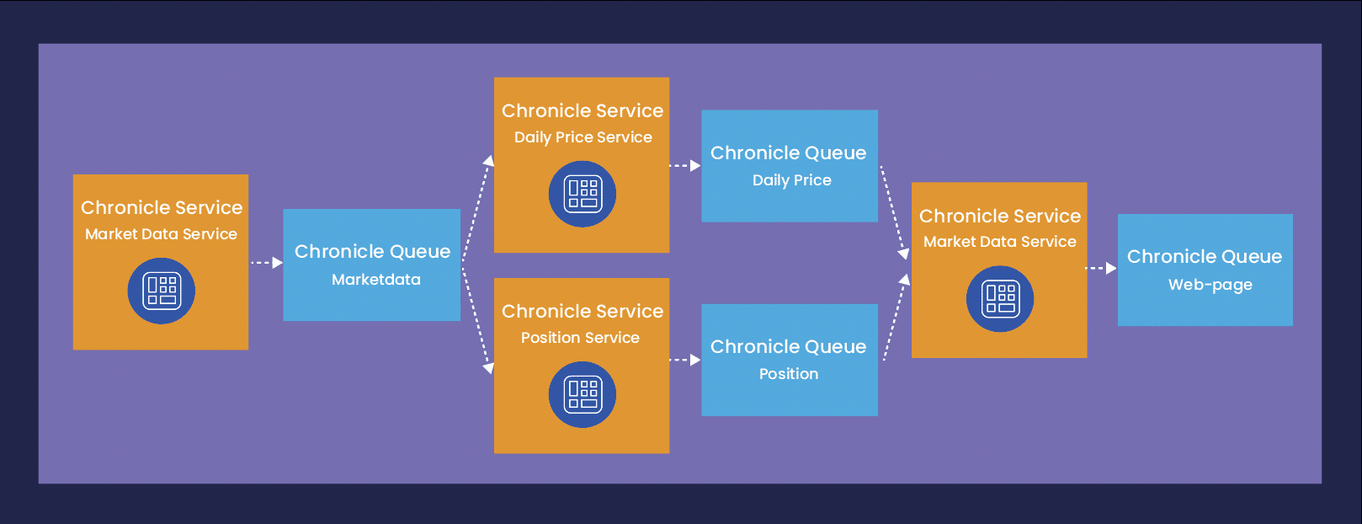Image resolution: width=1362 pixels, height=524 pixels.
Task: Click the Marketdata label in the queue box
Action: (375, 280)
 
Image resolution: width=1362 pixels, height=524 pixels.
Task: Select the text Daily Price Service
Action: (583, 137)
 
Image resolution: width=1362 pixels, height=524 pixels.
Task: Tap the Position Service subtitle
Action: (580, 338)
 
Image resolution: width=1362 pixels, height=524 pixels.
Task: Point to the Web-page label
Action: (1210, 285)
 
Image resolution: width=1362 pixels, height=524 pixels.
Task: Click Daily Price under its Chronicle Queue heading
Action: (791, 180)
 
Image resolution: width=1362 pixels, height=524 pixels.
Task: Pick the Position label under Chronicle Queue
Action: (789, 374)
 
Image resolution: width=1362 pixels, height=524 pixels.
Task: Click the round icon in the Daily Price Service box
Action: (582, 194)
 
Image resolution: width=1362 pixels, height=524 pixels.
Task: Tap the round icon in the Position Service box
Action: (582, 394)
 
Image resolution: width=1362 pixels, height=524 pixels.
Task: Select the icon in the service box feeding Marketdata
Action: (161, 291)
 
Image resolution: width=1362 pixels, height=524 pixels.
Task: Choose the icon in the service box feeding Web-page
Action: (999, 299)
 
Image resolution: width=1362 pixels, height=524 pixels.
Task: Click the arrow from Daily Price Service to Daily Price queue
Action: (684, 165)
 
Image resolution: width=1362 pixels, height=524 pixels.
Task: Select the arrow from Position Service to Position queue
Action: (684, 360)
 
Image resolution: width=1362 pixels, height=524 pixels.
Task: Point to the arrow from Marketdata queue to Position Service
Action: (476, 318)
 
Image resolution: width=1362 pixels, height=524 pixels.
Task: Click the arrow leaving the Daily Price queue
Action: (895, 212)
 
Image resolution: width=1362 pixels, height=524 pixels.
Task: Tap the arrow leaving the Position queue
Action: (896, 317)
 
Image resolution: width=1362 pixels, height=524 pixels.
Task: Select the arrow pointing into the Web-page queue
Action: (1101, 268)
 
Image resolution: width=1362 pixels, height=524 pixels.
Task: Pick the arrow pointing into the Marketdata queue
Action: (266, 262)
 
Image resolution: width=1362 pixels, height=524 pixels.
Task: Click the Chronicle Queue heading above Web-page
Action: (1205, 257)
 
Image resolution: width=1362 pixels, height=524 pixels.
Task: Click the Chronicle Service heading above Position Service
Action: (582, 312)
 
